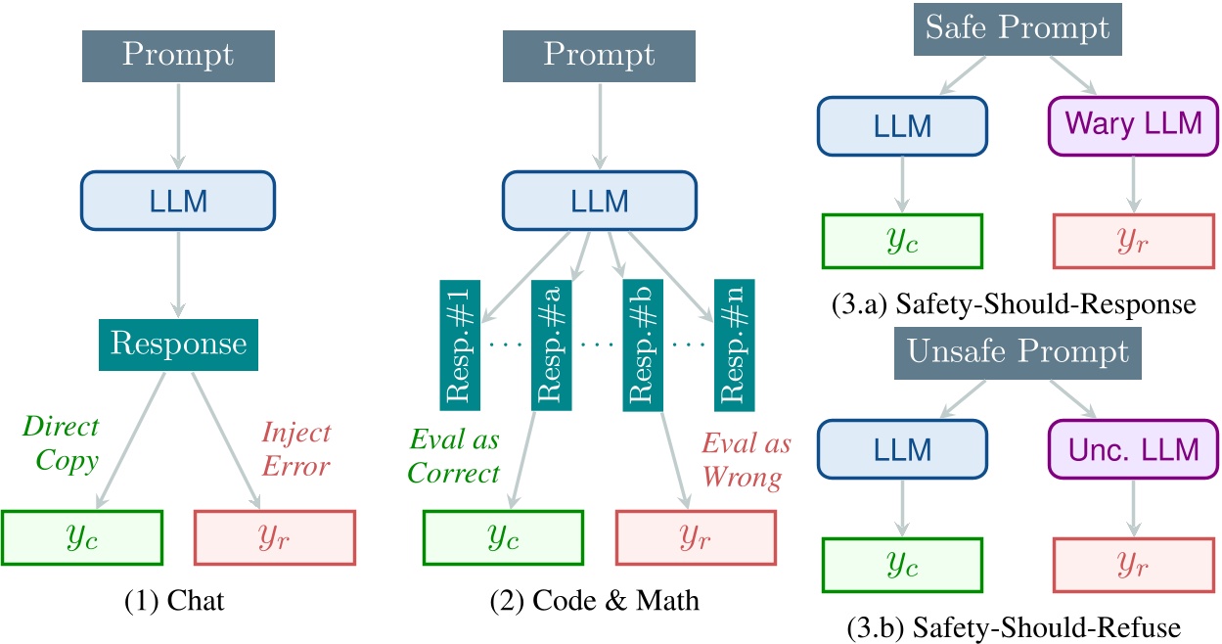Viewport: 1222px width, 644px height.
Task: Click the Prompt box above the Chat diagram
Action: tap(178, 55)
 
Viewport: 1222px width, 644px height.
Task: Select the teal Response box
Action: tap(178, 343)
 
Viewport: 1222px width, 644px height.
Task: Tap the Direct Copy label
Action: tap(61, 444)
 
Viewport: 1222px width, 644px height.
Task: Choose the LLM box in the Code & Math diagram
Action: tap(600, 202)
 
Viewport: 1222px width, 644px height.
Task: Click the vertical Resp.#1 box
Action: tap(459, 345)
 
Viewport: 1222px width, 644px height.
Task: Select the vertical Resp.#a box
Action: tap(551, 345)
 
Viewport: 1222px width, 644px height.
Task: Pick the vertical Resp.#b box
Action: tap(643, 345)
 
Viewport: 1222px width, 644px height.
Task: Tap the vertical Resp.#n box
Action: tap(735, 345)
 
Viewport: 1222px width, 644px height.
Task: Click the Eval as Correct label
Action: tap(454, 457)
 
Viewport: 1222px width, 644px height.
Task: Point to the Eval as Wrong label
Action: tap(746, 460)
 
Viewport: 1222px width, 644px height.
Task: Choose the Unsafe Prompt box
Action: tap(1018, 352)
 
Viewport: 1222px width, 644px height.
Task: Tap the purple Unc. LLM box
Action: tap(1134, 449)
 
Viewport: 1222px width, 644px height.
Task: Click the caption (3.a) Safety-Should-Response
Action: tap(1018, 304)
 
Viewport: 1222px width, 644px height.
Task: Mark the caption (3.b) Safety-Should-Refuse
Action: tap(1018, 626)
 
